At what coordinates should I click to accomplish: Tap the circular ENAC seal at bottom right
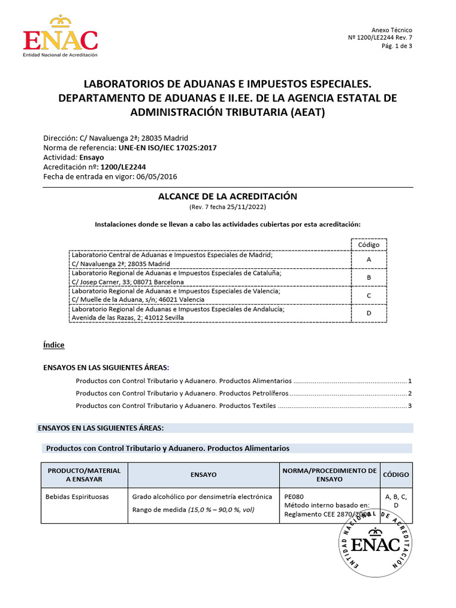(x=375, y=541)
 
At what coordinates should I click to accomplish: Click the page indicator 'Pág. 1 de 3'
(x=397, y=47)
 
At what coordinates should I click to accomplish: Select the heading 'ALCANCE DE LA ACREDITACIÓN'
(x=227, y=197)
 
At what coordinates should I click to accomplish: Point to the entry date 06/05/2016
(x=157, y=177)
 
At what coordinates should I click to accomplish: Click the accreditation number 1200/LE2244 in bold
(x=123, y=167)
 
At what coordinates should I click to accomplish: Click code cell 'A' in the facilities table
(x=369, y=259)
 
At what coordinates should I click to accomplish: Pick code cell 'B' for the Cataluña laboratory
(x=369, y=277)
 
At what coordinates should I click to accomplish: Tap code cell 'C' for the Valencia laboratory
(x=369, y=295)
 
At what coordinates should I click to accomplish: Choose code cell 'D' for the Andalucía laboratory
(x=369, y=313)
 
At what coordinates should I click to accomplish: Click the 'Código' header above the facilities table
(x=369, y=245)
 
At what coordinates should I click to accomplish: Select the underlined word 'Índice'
(x=54, y=345)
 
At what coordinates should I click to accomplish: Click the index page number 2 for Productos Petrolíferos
(x=410, y=394)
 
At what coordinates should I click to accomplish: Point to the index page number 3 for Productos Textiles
(x=410, y=406)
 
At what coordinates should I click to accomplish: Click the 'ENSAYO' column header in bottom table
(x=204, y=475)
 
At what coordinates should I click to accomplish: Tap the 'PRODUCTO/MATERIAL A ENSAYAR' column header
(x=84, y=474)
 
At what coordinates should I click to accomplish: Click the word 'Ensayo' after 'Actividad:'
(x=92, y=158)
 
